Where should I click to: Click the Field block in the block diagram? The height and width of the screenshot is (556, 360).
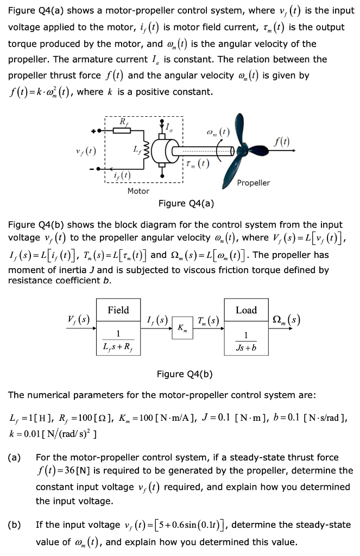[118, 326]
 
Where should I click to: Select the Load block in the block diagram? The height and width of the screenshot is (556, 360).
[246, 326]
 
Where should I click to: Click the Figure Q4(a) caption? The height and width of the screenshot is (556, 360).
[186, 204]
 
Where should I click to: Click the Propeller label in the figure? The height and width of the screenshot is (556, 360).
[254, 183]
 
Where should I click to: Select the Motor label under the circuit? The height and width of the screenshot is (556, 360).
[138, 191]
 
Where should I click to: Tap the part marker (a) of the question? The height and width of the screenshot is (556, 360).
[15, 457]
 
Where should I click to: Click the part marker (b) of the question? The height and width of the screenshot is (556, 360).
[15, 525]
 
